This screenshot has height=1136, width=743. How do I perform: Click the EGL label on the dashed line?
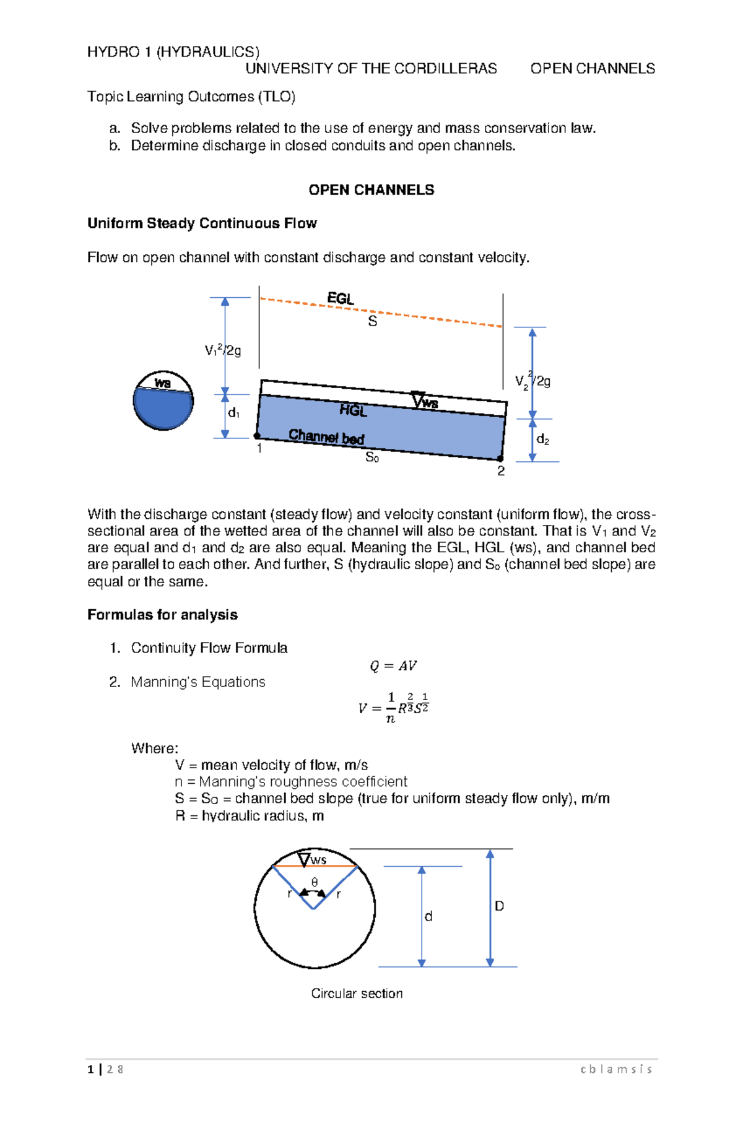click(340, 298)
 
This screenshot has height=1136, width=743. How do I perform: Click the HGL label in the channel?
click(353, 410)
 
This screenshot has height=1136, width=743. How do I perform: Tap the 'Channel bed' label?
click(326, 436)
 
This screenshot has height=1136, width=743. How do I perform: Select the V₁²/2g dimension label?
click(223, 350)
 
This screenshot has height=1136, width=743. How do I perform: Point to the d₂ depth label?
click(543, 440)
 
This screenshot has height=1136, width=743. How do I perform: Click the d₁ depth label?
click(233, 413)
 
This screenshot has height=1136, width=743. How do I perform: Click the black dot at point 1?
click(257, 436)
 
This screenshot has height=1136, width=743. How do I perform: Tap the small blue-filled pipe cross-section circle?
click(163, 401)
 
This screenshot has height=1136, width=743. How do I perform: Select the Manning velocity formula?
click(394, 707)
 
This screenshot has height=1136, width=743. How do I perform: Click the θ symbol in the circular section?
click(315, 882)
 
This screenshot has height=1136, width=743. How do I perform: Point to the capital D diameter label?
click(499, 906)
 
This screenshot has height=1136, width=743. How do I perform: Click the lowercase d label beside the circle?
click(428, 916)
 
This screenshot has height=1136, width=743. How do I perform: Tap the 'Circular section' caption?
click(357, 994)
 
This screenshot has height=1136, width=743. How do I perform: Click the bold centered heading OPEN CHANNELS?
click(371, 190)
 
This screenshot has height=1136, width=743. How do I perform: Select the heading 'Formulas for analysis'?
click(162, 615)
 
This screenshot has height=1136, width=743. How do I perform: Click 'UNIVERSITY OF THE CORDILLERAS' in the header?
click(371, 69)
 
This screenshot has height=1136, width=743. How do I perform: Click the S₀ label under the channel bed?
click(372, 457)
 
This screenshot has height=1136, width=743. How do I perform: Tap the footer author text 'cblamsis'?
click(616, 1069)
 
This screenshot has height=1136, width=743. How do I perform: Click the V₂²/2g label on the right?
click(532, 380)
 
